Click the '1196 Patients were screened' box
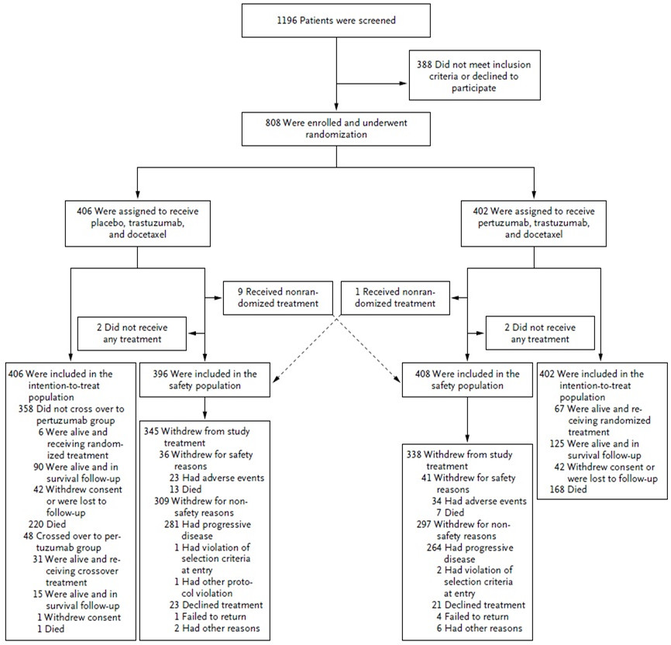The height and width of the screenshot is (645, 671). (x=336, y=21)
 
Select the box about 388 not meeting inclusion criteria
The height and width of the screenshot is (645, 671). (x=474, y=75)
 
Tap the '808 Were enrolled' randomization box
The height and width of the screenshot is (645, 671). (x=336, y=129)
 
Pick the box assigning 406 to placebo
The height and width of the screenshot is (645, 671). (x=137, y=223)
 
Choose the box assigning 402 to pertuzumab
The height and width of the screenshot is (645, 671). (x=533, y=223)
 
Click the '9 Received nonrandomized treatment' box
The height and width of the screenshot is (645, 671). (x=277, y=298)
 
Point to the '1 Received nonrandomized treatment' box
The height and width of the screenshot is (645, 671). (x=395, y=298)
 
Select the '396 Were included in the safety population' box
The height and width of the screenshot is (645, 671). (x=205, y=380)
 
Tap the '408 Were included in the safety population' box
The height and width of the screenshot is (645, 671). (x=467, y=380)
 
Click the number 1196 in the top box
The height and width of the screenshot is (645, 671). (x=287, y=20)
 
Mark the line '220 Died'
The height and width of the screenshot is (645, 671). (x=47, y=524)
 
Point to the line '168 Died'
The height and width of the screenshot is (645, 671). (x=568, y=489)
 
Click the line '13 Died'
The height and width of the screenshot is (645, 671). (x=185, y=489)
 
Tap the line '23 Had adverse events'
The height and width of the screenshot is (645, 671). (x=217, y=478)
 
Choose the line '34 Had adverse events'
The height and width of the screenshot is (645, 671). (x=480, y=501)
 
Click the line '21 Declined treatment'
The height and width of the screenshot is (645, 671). (x=478, y=605)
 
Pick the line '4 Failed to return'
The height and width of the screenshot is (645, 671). (x=473, y=616)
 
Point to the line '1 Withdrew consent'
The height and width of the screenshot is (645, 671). (x=79, y=617)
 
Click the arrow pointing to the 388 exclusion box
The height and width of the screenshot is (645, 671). (x=371, y=84)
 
